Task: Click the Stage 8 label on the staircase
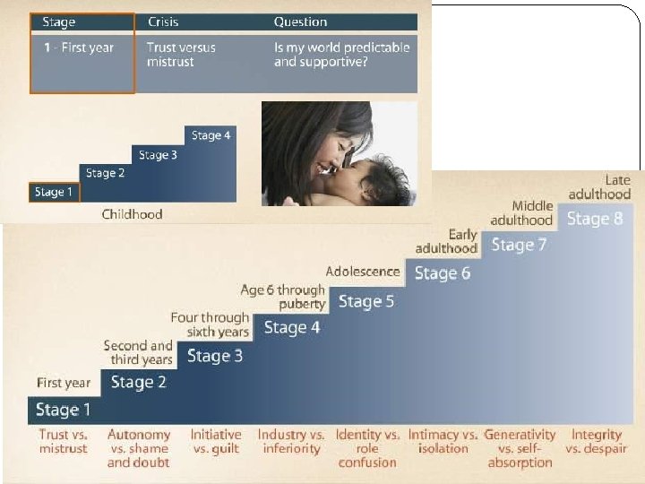click(x=595, y=219)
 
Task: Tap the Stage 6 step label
click(x=442, y=273)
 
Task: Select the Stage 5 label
click(x=365, y=301)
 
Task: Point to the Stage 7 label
click(x=519, y=245)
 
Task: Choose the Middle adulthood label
click(x=522, y=213)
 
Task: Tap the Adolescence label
click(x=363, y=272)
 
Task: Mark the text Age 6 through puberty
click(x=283, y=297)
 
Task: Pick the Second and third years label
click(x=138, y=352)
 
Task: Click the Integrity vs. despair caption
click(x=596, y=442)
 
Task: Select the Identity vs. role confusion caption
click(x=367, y=448)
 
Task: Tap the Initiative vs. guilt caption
click(x=215, y=442)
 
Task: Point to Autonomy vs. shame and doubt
click(x=139, y=448)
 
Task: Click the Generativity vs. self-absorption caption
click(x=520, y=448)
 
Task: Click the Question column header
click(x=300, y=22)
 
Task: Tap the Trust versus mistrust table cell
click(x=182, y=55)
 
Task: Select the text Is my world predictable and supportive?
click(x=341, y=55)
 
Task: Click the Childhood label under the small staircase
click(x=132, y=214)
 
